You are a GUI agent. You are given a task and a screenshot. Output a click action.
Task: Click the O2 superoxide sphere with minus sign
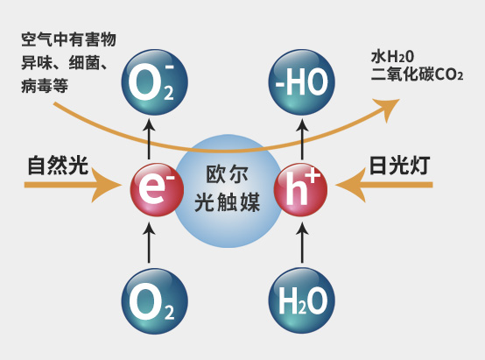point(154,82)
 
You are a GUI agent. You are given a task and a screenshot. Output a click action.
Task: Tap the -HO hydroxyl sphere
point(301,82)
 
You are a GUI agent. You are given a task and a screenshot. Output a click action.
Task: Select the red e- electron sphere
point(157,189)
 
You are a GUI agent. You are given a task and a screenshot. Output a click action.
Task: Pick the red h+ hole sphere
point(300,189)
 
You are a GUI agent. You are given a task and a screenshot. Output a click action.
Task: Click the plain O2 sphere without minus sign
point(154,301)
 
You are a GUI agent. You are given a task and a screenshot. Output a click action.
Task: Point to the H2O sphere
point(301,301)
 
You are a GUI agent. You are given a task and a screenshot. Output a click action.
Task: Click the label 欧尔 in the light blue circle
point(227,174)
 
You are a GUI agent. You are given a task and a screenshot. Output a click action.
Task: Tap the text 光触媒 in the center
point(227,202)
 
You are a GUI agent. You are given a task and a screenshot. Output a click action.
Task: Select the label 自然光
point(58,166)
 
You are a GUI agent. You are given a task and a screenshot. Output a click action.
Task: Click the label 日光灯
point(399,166)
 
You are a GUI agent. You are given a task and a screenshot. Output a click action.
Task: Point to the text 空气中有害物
point(68,40)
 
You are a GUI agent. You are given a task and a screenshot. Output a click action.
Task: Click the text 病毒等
point(45,86)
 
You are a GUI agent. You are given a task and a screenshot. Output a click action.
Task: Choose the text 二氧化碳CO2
point(417,74)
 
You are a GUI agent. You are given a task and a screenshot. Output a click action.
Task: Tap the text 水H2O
point(392,57)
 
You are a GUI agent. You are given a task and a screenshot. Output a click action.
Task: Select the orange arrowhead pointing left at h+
point(351,185)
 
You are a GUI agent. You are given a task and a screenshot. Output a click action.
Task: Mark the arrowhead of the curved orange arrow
point(387,109)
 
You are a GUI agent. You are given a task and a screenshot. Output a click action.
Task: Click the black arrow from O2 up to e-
point(150,244)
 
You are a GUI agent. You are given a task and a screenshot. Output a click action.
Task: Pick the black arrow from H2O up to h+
point(302,244)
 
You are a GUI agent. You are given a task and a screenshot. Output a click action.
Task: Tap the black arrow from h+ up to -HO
point(302,139)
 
